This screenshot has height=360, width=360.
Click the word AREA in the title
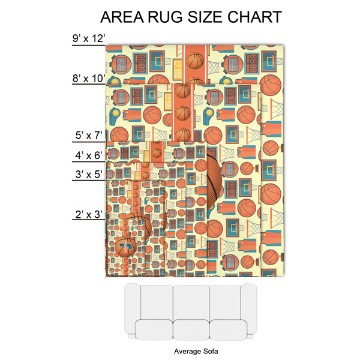[x=123, y=16]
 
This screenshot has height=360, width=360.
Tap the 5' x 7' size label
[x=90, y=137]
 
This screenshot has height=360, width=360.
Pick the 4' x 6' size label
[x=90, y=156]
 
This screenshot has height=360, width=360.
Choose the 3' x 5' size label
[x=90, y=175]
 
